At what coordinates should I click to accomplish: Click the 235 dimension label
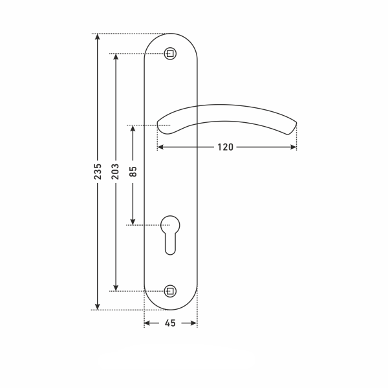pos(98,171)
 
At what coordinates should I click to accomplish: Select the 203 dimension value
pos(115,171)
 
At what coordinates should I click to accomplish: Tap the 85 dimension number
pos(133,171)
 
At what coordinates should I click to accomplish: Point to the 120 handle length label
pos(225,147)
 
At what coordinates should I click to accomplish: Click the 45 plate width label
pos(170,323)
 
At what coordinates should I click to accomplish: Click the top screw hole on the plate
pos(170,54)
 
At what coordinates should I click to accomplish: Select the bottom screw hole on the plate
pos(170,291)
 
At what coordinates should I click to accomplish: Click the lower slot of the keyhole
pos(170,244)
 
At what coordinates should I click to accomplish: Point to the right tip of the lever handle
pos(296,123)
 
